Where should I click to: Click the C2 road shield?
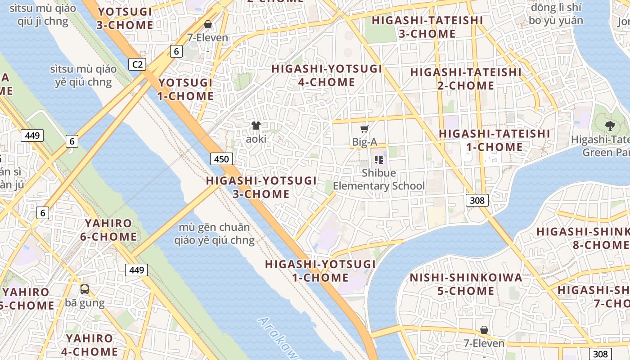point(138,64)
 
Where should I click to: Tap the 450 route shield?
point(221,158)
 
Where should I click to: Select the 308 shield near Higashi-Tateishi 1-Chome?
point(477,200)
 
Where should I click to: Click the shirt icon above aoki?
point(256,126)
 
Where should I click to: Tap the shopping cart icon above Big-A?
point(364,129)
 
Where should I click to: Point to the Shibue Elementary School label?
point(379,179)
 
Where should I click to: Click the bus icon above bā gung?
point(85,289)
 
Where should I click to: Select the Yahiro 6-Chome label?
point(108,229)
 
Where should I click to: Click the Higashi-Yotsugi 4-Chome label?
point(327,75)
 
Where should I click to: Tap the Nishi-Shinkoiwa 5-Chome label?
point(466,284)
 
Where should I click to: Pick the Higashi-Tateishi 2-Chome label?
point(466,78)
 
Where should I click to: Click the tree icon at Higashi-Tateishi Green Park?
point(610,126)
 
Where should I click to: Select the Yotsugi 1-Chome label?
point(185,89)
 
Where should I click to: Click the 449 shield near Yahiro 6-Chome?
point(136,270)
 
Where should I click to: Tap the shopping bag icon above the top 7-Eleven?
point(208,24)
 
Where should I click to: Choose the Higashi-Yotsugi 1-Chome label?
point(320,270)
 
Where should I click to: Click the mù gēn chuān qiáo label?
point(214,234)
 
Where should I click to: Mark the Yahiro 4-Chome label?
point(90,345)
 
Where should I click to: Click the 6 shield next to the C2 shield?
point(176,51)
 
